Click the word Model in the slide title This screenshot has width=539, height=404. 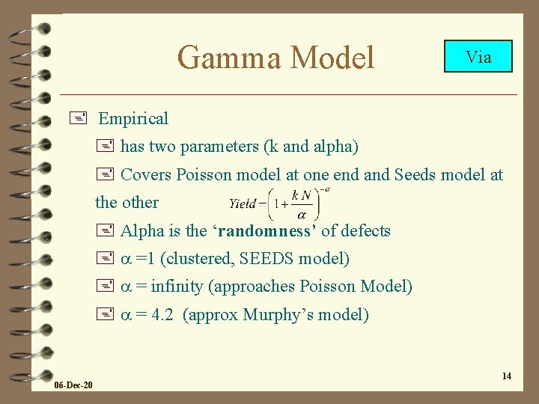(332, 57)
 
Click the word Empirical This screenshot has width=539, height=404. (133, 118)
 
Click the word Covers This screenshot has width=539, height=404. (146, 175)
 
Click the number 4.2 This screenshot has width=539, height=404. (162, 315)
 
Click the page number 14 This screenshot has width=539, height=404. (507, 376)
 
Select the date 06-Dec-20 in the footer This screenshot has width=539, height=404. (73, 385)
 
